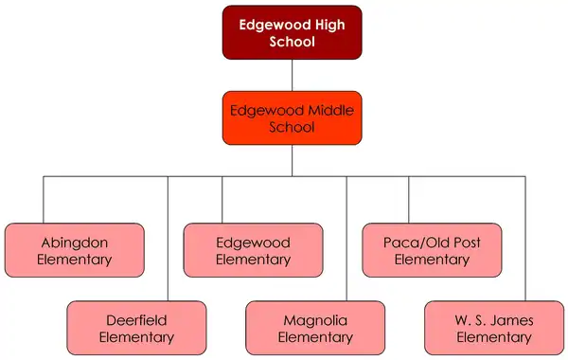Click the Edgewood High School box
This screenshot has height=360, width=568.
tap(292, 32)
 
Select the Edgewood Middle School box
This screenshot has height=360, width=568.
tap(292, 117)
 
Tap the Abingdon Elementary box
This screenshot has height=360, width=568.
tap(74, 250)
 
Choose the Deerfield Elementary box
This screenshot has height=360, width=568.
tap(136, 328)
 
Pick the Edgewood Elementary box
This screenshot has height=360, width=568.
tap(253, 250)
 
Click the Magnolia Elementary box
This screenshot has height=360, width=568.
tap(315, 328)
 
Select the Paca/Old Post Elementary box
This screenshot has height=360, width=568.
tap(432, 250)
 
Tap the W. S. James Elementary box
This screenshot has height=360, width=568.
tap(494, 328)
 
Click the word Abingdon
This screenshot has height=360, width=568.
tap(74, 242)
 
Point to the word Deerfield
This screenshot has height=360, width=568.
tap(136, 320)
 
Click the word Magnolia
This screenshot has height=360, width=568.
tap(315, 320)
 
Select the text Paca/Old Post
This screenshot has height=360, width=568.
tap(432, 242)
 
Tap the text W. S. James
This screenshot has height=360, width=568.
tap(494, 320)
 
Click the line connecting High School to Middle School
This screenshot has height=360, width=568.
tap(292, 75)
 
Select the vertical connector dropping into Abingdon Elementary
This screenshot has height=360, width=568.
tap(44, 199)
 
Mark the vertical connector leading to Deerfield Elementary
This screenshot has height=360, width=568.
tap(168, 237)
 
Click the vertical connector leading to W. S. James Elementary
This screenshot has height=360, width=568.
tap(524, 237)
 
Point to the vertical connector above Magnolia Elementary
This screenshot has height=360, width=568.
tap(346, 237)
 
